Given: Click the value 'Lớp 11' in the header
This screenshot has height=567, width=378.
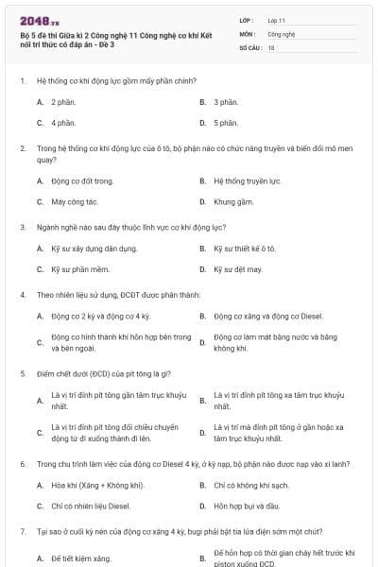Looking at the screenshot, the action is pos(276,20).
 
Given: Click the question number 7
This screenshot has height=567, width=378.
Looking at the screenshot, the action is pos(22,532).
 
